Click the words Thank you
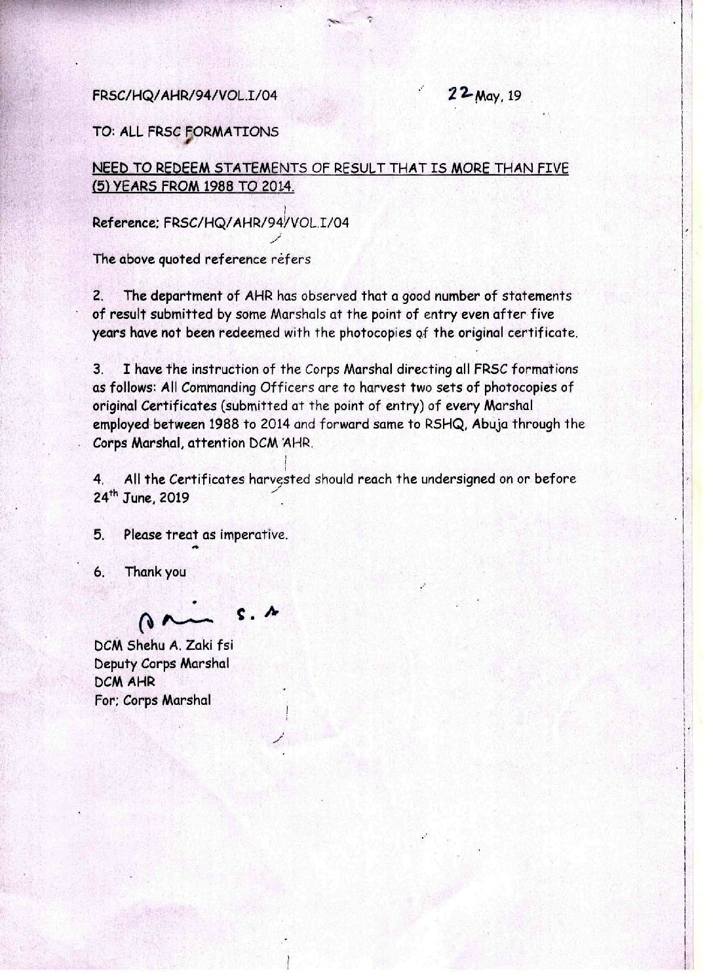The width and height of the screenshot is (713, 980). (155, 572)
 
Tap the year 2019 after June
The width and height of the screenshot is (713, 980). (173, 498)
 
